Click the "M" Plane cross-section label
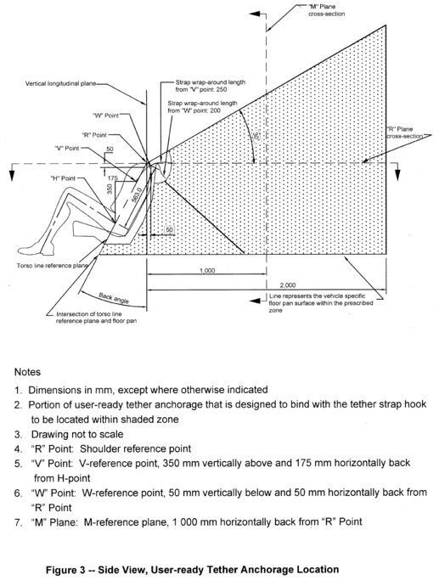326,10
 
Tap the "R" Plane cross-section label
400,132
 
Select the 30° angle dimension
256,137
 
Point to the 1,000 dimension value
207,270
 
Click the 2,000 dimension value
288,285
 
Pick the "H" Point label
63,178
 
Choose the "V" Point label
67,149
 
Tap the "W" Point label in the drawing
106,116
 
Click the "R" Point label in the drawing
94,135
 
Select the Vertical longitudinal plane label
60,83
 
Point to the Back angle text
114,298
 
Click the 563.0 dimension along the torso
137,194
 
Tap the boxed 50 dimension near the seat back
169,229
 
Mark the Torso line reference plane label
53,266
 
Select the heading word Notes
27,372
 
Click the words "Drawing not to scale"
77,434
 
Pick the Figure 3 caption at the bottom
193,570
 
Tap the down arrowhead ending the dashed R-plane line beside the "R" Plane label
397,175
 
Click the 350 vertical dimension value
110,189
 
